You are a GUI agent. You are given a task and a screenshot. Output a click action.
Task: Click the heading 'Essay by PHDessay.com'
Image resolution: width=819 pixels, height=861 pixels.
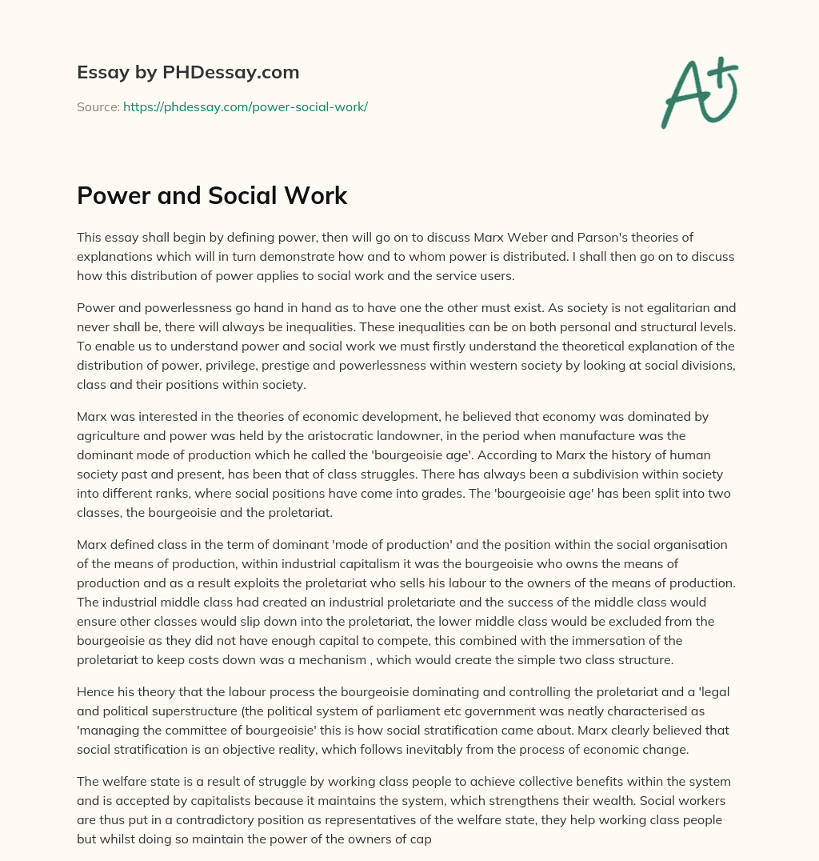(x=188, y=73)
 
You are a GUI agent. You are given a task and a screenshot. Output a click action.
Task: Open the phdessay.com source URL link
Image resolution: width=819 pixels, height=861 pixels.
(x=245, y=106)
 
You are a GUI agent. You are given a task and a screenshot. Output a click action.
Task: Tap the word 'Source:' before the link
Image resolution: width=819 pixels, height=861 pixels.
(x=98, y=106)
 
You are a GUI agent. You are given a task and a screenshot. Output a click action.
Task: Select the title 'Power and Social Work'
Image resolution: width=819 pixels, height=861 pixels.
(x=212, y=195)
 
